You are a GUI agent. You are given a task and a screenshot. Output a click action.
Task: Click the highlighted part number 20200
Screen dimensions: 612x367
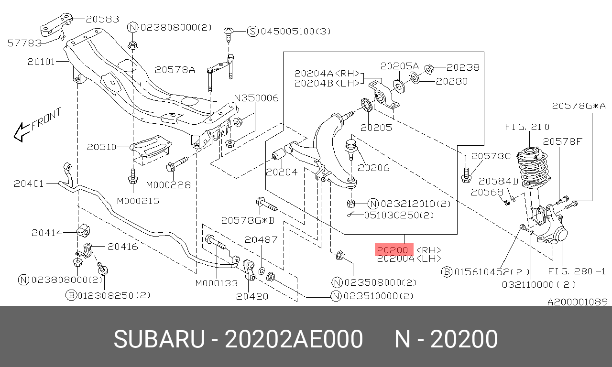click(393, 250)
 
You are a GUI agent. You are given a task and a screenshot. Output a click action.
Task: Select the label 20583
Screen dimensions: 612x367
click(102, 19)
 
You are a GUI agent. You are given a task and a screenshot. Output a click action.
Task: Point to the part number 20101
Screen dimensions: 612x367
click(41, 62)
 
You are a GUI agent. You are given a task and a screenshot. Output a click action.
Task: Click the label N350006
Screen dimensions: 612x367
click(256, 98)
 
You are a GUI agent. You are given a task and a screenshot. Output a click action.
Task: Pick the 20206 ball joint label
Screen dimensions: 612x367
click(373, 168)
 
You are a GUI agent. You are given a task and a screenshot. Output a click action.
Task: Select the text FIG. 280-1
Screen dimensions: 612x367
click(577, 271)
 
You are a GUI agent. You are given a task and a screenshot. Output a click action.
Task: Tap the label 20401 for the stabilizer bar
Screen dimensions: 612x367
click(29, 183)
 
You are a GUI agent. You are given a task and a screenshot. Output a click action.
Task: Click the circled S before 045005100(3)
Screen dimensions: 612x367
click(252, 32)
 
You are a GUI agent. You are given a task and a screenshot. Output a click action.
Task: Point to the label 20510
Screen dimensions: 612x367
click(102, 147)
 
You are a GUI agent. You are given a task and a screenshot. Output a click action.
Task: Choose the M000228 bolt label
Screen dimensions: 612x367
click(168, 185)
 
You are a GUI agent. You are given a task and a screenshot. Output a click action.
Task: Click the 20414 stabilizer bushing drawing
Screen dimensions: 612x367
click(83, 230)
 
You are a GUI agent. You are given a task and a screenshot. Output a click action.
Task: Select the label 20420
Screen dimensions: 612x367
click(252, 296)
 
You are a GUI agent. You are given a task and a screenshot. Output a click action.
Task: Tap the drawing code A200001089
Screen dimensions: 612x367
click(578, 302)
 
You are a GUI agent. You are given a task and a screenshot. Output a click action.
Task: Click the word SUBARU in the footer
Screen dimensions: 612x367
click(159, 339)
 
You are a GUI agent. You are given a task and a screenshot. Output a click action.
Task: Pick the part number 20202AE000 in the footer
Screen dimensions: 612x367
click(294, 339)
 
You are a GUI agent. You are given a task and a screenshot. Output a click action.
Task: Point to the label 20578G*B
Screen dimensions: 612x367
click(248, 220)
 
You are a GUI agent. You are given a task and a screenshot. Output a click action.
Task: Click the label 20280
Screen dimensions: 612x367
click(452, 81)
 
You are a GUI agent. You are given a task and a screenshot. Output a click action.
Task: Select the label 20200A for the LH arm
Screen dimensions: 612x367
click(395, 259)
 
